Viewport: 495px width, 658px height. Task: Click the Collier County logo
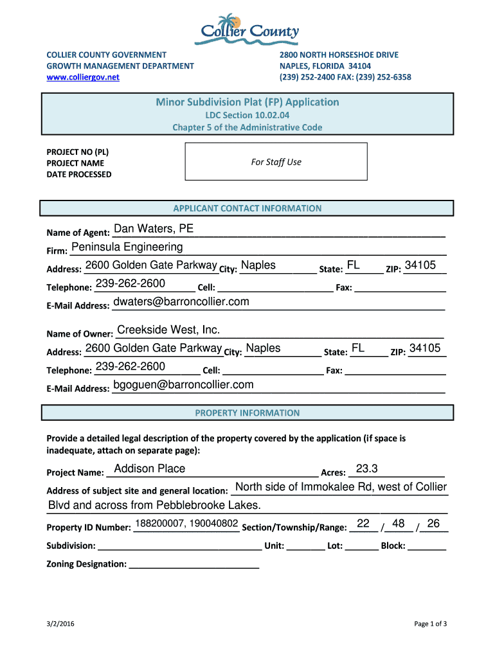tap(248, 30)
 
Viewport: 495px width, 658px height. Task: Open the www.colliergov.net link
tap(83, 77)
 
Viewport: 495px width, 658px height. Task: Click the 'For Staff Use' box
tap(276, 162)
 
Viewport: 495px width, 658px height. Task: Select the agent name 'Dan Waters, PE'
tap(154, 229)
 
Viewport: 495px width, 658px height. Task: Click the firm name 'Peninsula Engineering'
tap(127, 247)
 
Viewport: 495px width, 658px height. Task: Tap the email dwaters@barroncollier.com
tap(181, 302)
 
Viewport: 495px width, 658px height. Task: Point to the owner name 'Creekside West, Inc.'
tap(168, 330)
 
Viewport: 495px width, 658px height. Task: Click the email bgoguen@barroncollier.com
tap(183, 385)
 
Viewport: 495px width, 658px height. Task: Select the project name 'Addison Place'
tap(149, 469)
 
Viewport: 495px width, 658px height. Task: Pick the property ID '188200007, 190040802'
tap(187, 524)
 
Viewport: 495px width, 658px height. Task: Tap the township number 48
tap(399, 524)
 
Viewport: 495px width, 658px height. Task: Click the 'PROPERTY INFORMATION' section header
tap(248, 413)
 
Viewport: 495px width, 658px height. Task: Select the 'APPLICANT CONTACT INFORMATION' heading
tap(248, 208)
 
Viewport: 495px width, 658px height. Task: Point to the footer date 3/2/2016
tap(59, 624)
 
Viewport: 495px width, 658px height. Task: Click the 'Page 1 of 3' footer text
tap(430, 624)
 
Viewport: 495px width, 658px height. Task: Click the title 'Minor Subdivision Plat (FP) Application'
tap(248, 102)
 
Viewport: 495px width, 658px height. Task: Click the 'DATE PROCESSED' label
tap(78, 175)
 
